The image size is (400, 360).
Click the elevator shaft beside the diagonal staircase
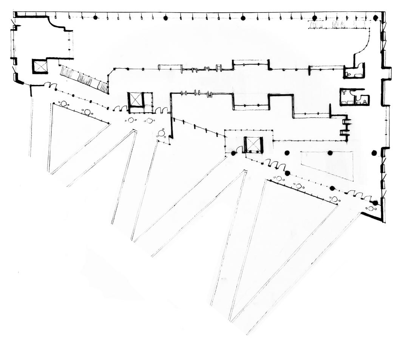[40, 66]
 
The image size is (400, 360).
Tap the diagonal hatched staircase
[83, 79]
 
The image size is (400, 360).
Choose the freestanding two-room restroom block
[354, 97]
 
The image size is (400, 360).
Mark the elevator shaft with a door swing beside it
[253, 145]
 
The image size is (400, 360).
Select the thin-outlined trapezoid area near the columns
[327, 165]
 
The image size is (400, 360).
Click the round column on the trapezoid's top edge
[330, 153]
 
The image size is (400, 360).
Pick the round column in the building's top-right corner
[375, 18]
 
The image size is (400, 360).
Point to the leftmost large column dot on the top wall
[95, 17]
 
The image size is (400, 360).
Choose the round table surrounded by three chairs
[161, 133]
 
